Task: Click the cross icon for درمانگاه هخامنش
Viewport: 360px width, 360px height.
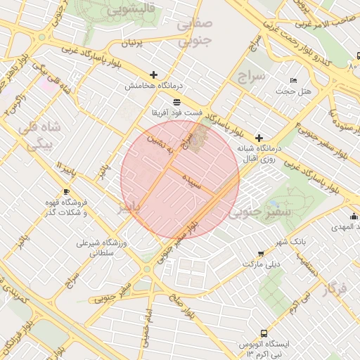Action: coord(154,75)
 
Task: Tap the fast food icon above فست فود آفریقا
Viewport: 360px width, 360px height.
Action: coord(175,102)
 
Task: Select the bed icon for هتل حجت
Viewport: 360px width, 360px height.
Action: coord(293,80)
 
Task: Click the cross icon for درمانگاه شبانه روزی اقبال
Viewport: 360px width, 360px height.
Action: coord(259,138)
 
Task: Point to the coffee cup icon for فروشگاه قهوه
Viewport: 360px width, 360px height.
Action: coord(66,191)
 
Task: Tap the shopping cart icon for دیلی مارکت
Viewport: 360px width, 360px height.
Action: coord(261,253)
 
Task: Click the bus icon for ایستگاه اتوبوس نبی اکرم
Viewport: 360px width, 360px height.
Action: coord(263,333)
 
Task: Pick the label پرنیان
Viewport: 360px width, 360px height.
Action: coord(138,44)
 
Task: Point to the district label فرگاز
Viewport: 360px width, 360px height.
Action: coord(334,289)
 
